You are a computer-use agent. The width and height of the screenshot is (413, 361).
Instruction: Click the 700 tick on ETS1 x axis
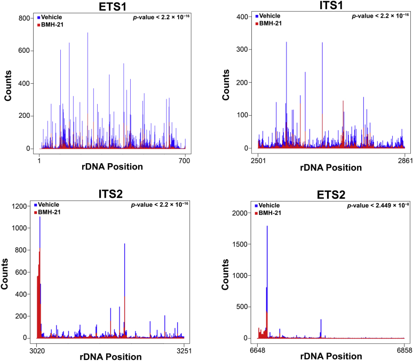[x=185, y=159]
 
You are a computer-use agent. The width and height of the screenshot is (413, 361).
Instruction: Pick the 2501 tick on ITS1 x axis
[x=258, y=159]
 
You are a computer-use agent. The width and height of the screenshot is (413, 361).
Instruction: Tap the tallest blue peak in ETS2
[x=267, y=227]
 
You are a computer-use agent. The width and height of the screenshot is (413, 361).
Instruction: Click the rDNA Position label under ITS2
[x=111, y=357]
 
